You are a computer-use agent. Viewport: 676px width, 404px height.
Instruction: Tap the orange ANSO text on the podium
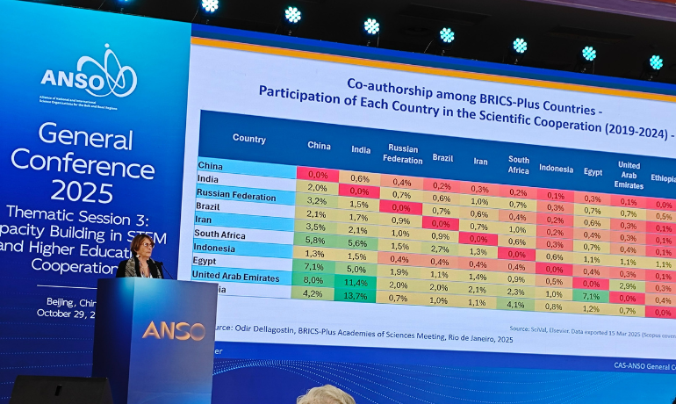[173, 331]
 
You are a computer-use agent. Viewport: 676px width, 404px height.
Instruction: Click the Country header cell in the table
[248, 139]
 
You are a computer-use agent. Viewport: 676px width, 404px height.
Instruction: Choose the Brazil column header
[442, 158]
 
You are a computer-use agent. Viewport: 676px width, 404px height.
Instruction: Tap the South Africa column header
[518, 164]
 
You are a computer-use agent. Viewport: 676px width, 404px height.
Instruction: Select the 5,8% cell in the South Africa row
[315, 240]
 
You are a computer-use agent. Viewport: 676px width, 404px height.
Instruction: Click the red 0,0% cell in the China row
[317, 175]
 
